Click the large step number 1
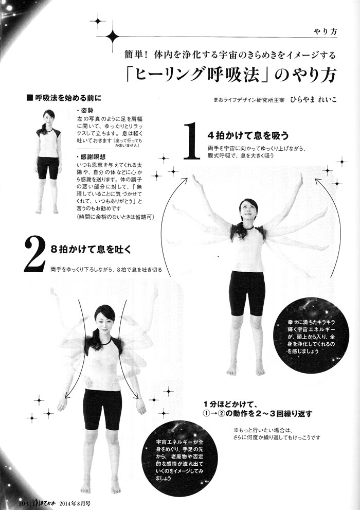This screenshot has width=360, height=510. click(x=192, y=141)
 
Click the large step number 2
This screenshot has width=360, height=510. click(x=34, y=254)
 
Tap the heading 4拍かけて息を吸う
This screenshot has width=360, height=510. click(x=248, y=135)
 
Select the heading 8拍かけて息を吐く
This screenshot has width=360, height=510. click(x=91, y=250)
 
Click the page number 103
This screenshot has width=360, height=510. click(x=24, y=503)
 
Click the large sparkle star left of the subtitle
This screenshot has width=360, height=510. click(x=113, y=36)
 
